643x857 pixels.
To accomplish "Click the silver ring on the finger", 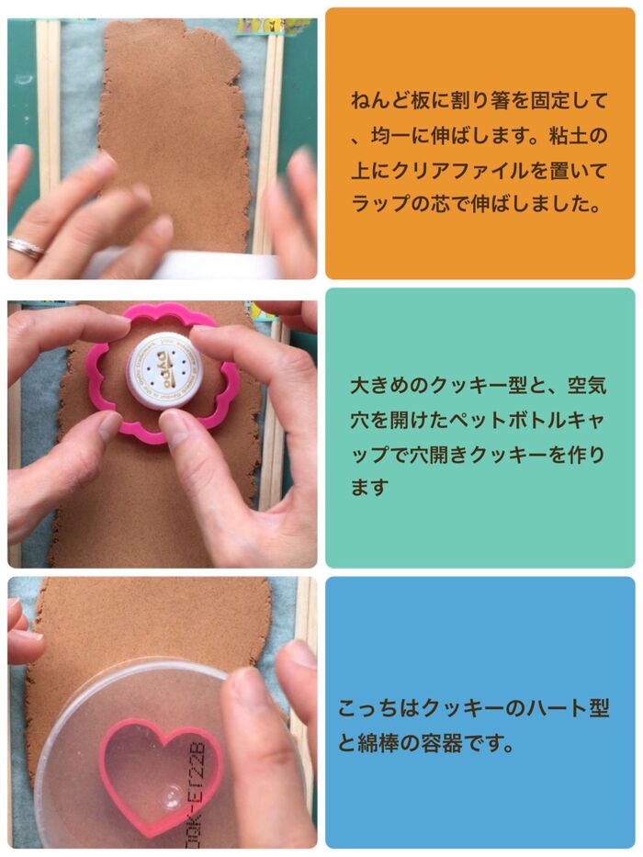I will [x=24, y=247].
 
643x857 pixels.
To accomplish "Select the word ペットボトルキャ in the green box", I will [x=517, y=420].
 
